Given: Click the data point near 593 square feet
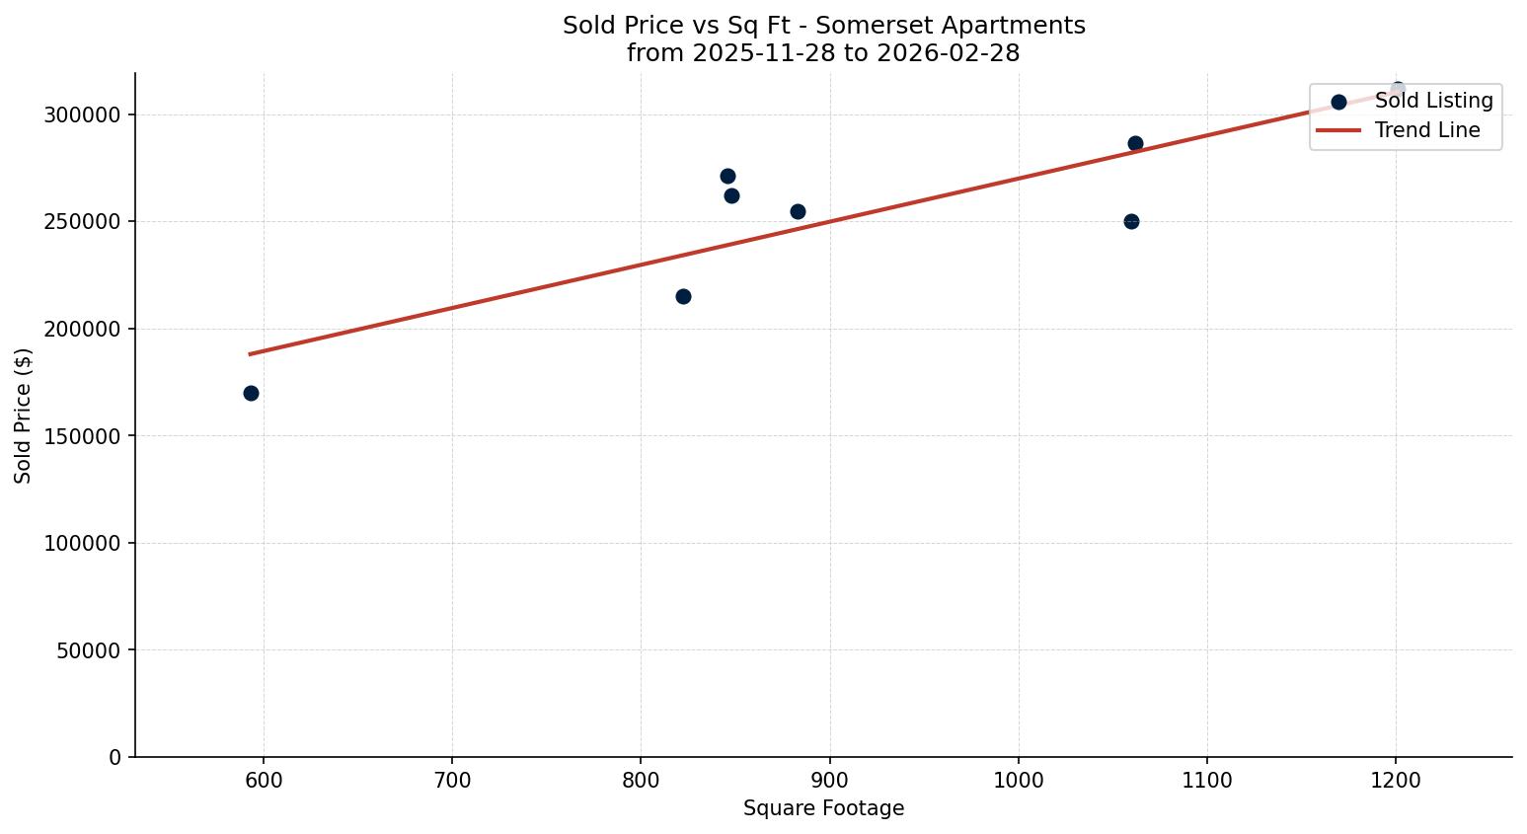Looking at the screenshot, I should (x=251, y=393).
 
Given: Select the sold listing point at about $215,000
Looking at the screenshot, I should (x=683, y=296).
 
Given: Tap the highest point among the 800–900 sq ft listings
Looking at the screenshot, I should (x=727, y=176).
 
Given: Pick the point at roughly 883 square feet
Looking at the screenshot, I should (x=798, y=211).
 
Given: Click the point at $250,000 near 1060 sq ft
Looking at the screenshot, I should (x=1131, y=221).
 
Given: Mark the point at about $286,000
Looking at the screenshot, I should (x=1135, y=143).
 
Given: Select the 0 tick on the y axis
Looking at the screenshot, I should (x=116, y=758).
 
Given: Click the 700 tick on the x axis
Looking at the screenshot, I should (x=452, y=781).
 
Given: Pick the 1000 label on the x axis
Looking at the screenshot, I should (x=1019, y=781).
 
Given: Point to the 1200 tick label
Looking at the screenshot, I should (x=1396, y=781).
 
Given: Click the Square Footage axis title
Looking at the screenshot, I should (x=823, y=809).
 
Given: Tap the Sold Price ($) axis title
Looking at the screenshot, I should (x=24, y=416).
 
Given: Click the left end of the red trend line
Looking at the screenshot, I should (x=250, y=353).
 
